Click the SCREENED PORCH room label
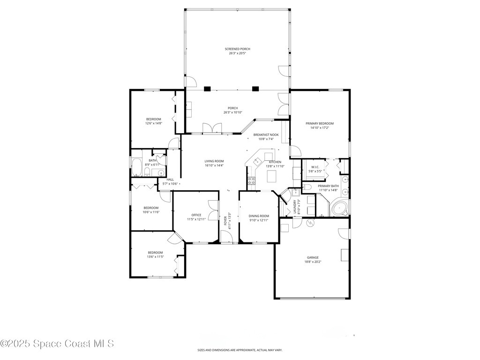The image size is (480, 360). (x=237, y=49)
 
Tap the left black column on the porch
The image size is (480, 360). (x=208, y=89)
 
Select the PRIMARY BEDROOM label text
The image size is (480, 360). (x=320, y=124)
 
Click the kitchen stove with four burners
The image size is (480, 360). (x=251, y=180)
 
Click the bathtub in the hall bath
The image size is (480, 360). (x=137, y=167)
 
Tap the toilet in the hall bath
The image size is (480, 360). (x=147, y=172)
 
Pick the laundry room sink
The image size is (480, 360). (x=295, y=193)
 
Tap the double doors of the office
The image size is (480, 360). (x=213, y=210)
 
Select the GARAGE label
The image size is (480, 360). (x=313, y=258)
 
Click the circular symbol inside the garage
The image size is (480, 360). (x=310, y=223)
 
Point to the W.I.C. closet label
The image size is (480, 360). (x=315, y=167)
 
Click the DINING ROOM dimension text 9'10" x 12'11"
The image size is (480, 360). (x=259, y=220)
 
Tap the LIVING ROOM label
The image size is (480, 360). (x=214, y=161)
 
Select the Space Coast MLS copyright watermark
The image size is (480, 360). (x=57, y=344)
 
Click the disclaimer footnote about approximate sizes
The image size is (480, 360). (x=240, y=350)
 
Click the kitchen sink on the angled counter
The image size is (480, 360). (x=257, y=161)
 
